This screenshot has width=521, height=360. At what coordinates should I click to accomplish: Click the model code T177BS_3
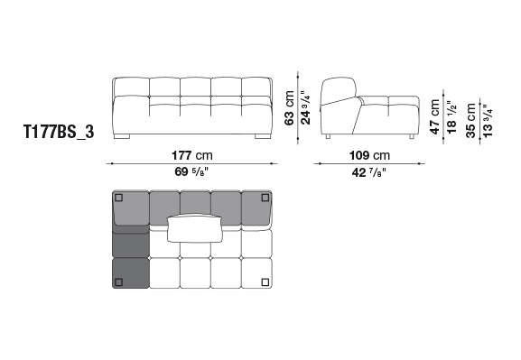[x=59, y=132]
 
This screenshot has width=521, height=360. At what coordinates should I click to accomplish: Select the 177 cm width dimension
[x=192, y=155]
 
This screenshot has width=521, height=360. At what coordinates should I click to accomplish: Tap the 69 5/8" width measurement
[x=191, y=171]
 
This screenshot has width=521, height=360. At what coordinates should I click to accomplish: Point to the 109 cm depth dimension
[x=369, y=155]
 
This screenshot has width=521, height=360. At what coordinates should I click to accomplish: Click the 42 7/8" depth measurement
[x=369, y=172]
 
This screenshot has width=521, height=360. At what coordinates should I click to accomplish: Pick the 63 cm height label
[x=289, y=108]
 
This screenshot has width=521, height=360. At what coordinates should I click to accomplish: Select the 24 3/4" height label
[x=305, y=108]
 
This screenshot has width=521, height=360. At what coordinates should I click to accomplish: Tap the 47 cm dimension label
[x=434, y=117]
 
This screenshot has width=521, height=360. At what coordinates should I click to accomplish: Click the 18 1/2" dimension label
[x=451, y=117]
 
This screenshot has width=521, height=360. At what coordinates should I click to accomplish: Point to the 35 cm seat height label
[x=471, y=120]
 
